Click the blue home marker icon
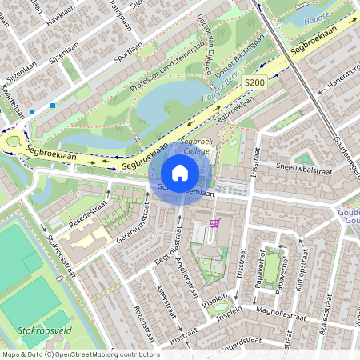click(x=180, y=172)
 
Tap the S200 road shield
click(x=254, y=82)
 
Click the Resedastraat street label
click(x=87, y=214)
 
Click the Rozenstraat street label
click(x=142, y=319)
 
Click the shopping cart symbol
click(x=214, y=223)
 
